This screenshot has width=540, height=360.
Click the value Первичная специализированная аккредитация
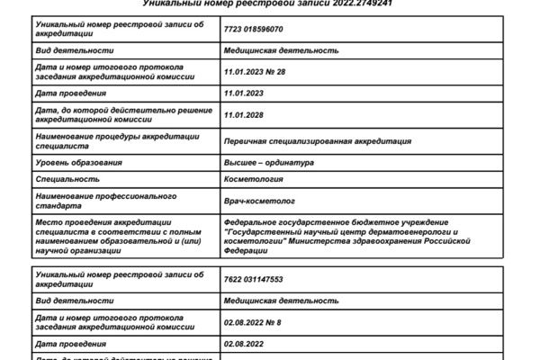pos(317,140)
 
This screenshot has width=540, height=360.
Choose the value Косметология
pos(253,180)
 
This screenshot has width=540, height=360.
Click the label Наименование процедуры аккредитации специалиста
pos(103,140)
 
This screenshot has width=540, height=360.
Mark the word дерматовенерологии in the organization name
pos(400,231)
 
